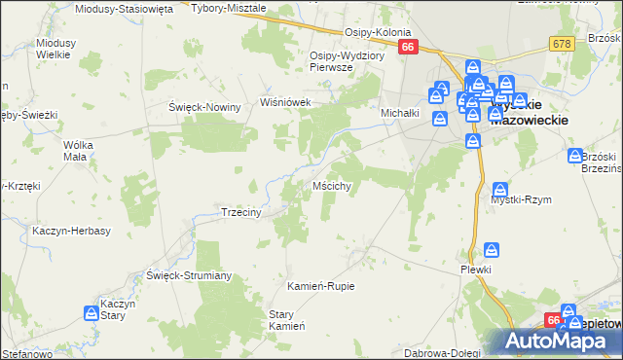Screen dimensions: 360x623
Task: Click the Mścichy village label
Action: [339, 185]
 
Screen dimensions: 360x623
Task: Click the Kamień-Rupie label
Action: [320, 286]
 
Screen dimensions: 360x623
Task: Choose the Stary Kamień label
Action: [281, 320]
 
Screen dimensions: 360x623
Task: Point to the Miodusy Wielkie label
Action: [54, 49]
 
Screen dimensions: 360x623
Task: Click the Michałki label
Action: [399, 113]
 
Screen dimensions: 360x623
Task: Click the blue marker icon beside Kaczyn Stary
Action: [92, 312]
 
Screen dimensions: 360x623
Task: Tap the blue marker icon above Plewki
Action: [492, 250]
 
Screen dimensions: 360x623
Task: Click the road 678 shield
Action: [560, 44]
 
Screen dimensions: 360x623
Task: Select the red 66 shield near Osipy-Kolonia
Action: [407, 47]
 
